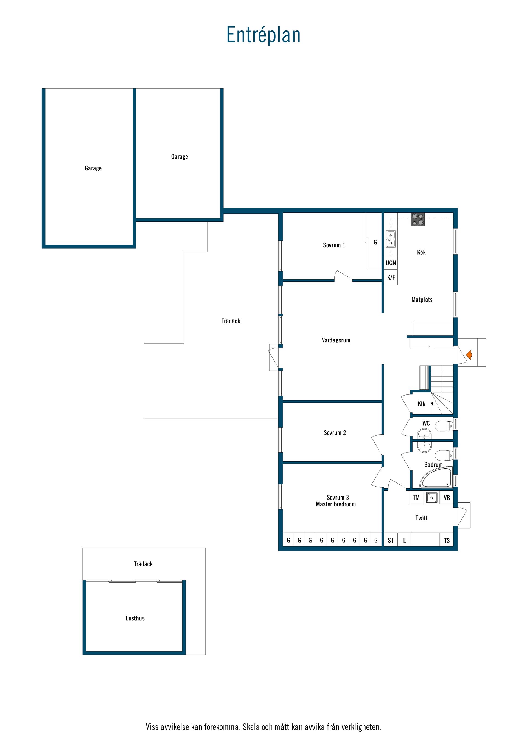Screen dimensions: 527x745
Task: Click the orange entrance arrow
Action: (469, 355)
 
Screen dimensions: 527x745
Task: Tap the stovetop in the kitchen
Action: (418, 219)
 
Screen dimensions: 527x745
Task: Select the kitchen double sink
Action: (391, 239)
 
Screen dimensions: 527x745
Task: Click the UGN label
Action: (391, 263)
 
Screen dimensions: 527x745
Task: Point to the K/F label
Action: (391, 277)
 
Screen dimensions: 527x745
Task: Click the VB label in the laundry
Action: (447, 498)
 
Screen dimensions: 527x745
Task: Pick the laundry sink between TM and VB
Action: (431, 497)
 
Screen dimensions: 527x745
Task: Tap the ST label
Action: (391, 540)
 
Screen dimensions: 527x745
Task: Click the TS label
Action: (447, 541)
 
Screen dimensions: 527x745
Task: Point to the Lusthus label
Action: (135, 619)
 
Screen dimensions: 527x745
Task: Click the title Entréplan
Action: (263, 35)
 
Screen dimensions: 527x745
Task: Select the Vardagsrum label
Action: (336, 340)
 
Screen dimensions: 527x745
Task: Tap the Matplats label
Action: (422, 300)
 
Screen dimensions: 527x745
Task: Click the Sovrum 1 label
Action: (334, 245)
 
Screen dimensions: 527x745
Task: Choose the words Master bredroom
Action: (336, 504)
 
